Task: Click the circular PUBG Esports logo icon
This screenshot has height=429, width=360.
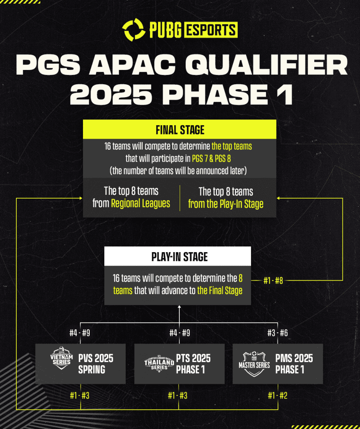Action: pyautogui.click(x=133, y=30)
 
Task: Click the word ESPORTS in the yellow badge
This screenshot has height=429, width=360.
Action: pyautogui.click(x=210, y=30)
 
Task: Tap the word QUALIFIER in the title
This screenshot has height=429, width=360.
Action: pyautogui.click(x=267, y=65)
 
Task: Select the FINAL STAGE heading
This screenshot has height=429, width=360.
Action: pyautogui.click(x=180, y=130)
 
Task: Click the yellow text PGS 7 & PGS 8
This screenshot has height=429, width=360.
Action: pyautogui.click(x=211, y=158)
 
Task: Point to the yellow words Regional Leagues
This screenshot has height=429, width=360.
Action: pyautogui.click(x=140, y=204)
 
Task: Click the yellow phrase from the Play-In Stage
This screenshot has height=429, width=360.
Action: pyautogui.click(x=225, y=204)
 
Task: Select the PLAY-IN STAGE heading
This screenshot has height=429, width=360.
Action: pyautogui.click(x=180, y=257)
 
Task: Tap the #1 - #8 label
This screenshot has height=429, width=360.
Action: pyautogui.click(x=273, y=281)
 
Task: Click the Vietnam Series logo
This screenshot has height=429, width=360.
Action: pyautogui.click(x=61, y=358)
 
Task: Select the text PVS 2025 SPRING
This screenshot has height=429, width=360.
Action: pyautogui.click(x=96, y=364)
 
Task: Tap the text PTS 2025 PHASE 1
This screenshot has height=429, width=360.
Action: pyautogui.click(x=193, y=364)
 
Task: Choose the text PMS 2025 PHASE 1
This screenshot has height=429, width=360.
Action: pyautogui.click(x=294, y=364)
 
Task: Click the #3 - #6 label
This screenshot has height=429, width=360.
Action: pyautogui.click(x=277, y=333)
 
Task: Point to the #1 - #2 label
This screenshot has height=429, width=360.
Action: pyautogui.click(x=277, y=395)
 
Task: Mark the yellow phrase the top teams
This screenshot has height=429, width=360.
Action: pyautogui.click(x=232, y=146)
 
